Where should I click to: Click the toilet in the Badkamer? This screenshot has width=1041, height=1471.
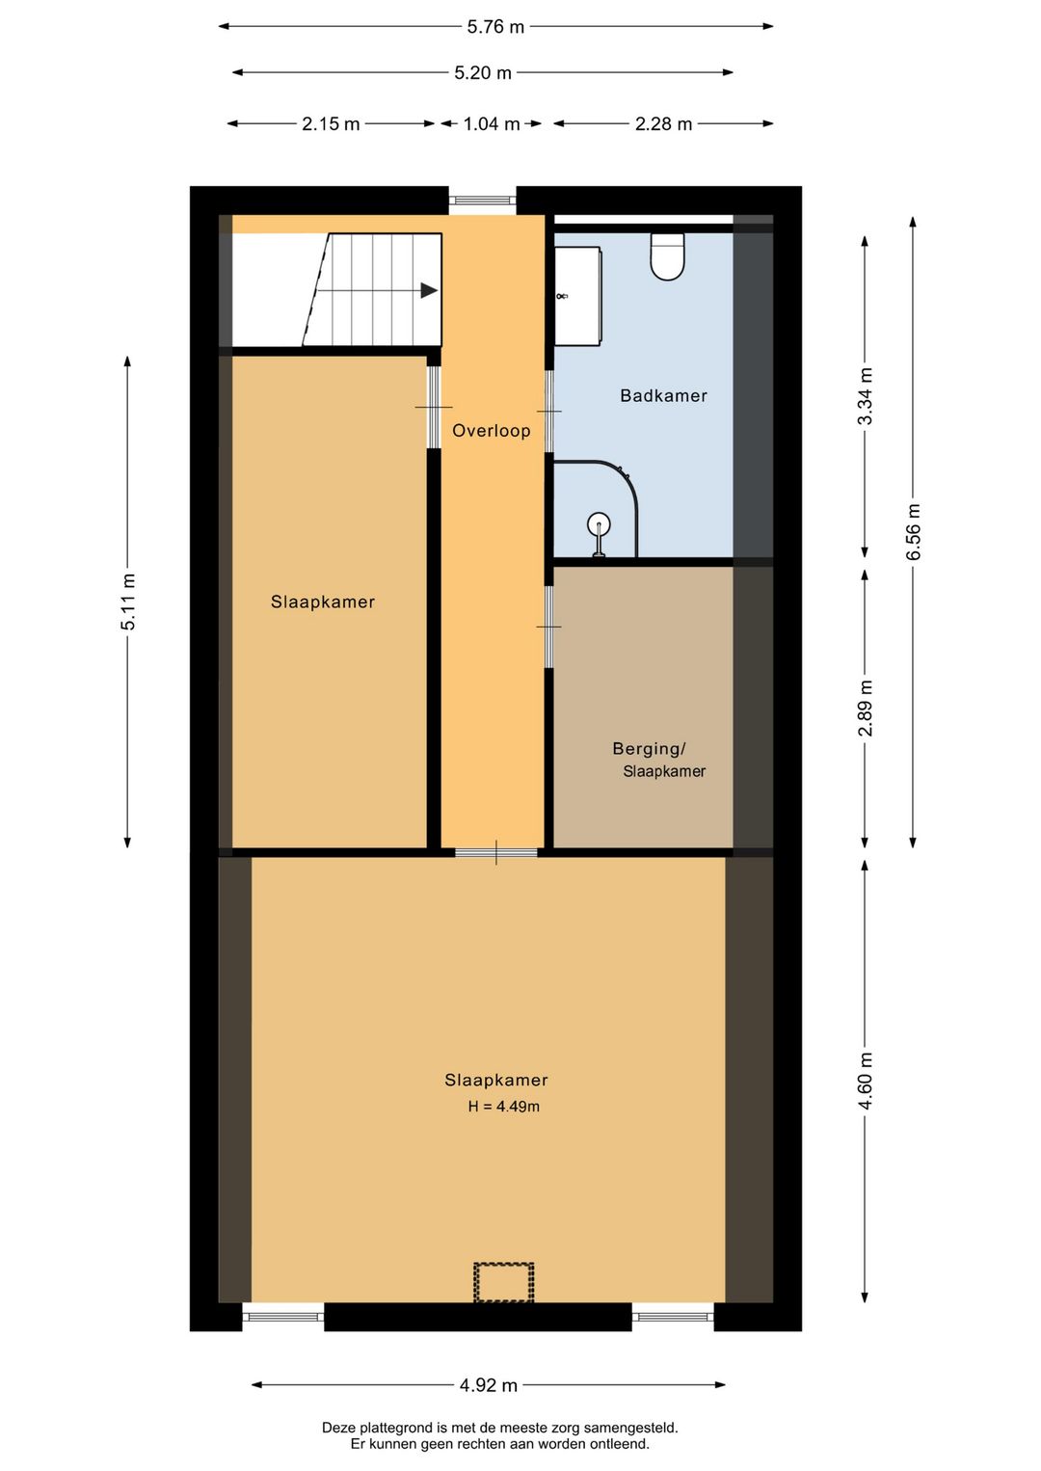(x=667, y=256)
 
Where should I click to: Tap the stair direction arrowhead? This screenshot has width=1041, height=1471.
(x=429, y=290)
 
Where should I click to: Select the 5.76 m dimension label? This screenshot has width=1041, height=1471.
(x=495, y=27)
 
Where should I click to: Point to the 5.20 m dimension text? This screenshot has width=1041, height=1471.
(x=483, y=73)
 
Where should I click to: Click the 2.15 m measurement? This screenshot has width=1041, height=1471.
(x=331, y=124)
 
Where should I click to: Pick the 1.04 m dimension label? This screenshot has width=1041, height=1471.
(x=492, y=124)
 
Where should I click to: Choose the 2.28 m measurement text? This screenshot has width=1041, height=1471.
(x=663, y=124)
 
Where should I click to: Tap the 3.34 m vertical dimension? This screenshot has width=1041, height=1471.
(x=866, y=396)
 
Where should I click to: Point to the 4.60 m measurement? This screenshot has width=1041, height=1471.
(x=866, y=1081)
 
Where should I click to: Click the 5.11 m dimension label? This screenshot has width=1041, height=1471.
(x=128, y=602)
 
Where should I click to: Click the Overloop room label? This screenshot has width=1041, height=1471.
(x=492, y=431)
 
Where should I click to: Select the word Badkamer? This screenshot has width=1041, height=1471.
(x=663, y=396)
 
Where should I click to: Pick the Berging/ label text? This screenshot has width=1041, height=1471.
(x=649, y=749)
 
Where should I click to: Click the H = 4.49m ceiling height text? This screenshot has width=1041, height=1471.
(x=504, y=1107)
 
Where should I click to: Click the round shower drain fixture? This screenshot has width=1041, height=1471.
(x=599, y=524)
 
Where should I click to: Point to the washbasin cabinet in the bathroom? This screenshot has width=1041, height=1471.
(x=578, y=296)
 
